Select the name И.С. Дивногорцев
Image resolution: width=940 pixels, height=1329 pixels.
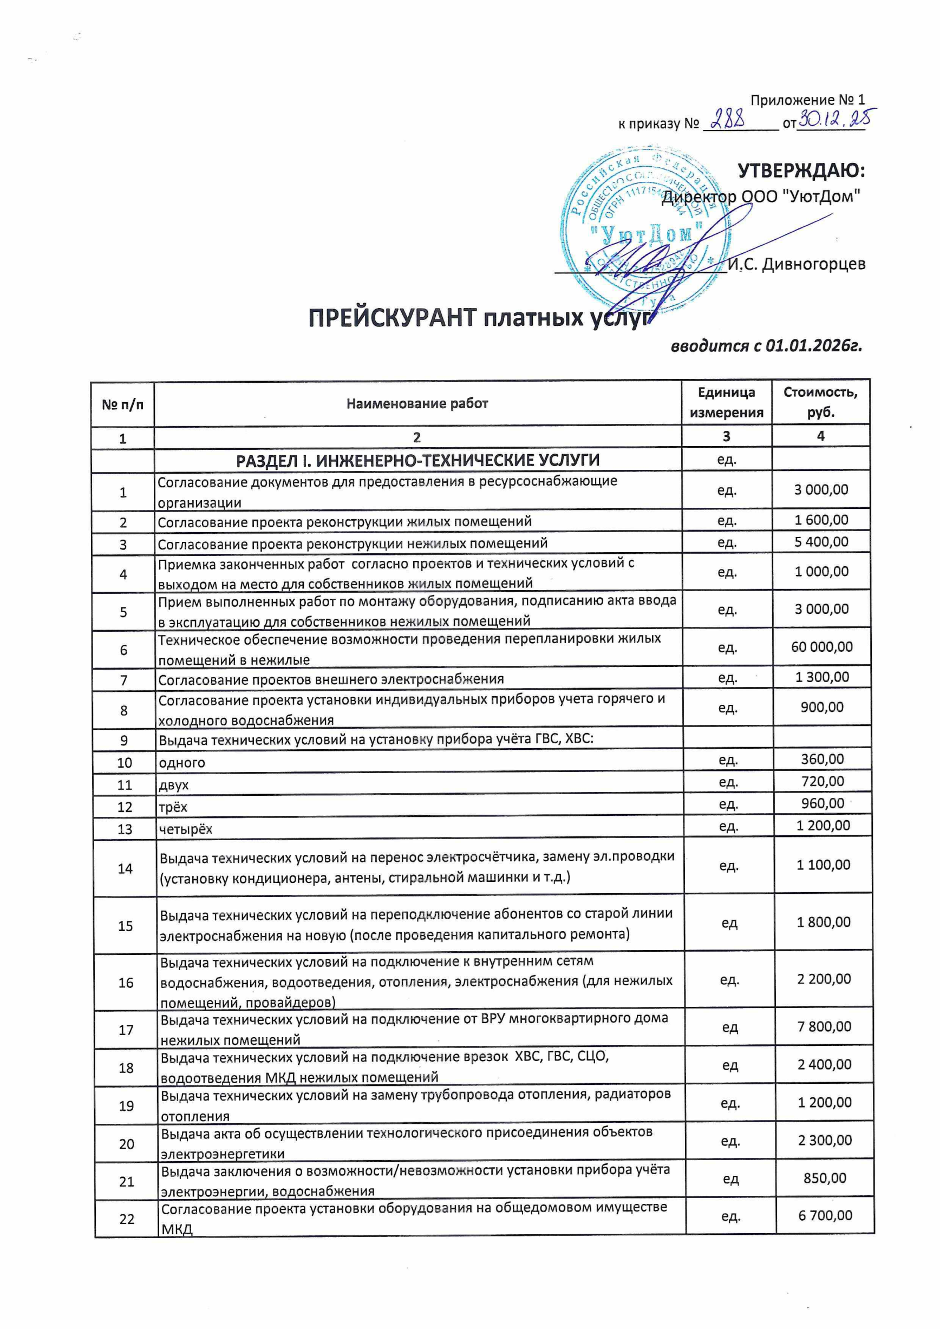coord(797,265)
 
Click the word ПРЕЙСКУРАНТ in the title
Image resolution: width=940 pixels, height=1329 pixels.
coord(393,318)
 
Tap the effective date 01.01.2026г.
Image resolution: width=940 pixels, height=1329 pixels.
coord(814,346)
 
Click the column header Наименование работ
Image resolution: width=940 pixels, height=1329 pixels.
coord(417,403)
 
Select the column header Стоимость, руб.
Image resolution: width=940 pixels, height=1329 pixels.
coord(820,402)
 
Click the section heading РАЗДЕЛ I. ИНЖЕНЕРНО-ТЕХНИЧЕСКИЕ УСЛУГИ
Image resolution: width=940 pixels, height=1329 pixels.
coord(417,460)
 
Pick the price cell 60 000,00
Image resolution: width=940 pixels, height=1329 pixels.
coord(822,646)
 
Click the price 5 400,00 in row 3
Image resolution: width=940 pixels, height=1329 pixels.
coord(821,542)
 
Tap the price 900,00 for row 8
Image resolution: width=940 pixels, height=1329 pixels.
coord(822,707)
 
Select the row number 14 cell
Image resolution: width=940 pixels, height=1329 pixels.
coord(125,868)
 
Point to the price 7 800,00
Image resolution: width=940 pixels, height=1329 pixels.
coord(824,1026)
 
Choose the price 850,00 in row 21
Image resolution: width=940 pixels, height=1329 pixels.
coord(825,1178)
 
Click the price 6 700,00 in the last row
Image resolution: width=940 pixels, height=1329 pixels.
coord(825,1215)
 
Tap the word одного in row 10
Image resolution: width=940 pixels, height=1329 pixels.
coord(182,762)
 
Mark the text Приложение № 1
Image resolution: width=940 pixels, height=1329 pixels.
coord(807,100)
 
